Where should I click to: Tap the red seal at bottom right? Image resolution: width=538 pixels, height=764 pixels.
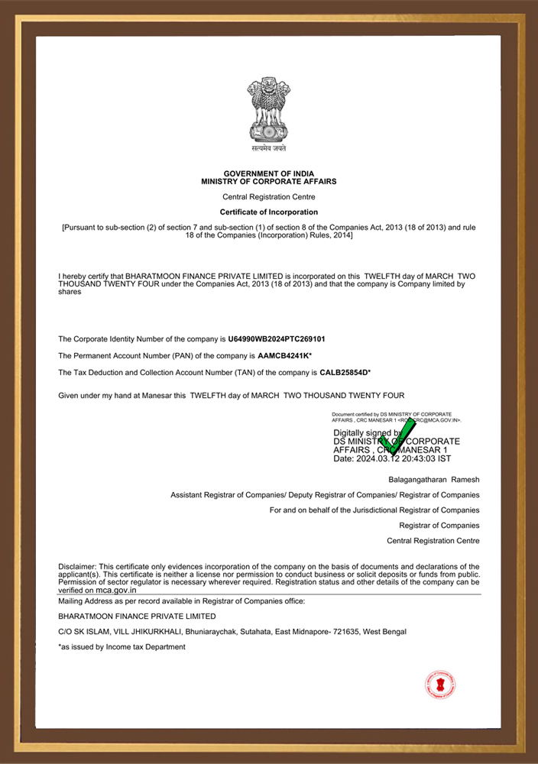tap(439, 685)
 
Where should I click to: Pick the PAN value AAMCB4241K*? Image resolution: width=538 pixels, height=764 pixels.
tap(285, 355)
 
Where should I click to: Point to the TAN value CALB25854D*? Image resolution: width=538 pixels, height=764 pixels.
tap(345, 373)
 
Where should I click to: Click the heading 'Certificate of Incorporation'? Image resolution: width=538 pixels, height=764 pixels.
tap(269, 212)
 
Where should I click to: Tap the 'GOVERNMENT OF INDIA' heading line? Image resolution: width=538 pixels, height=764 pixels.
tap(269, 174)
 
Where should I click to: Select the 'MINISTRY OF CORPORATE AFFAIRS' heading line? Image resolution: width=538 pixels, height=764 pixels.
tap(269, 182)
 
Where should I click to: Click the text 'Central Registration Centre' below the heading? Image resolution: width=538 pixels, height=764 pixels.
tap(269, 197)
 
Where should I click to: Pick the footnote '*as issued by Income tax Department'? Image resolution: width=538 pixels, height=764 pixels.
tap(122, 647)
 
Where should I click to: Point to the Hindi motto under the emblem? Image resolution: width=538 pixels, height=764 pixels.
tap(268, 148)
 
